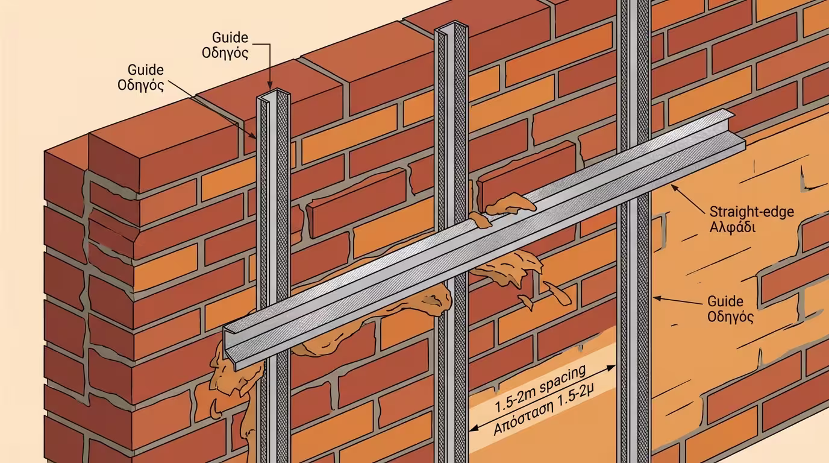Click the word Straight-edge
click(x=751, y=212)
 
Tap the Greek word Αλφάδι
click(x=731, y=228)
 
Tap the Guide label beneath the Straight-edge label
click(x=725, y=301)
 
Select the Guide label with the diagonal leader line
click(x=145, y=70)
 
